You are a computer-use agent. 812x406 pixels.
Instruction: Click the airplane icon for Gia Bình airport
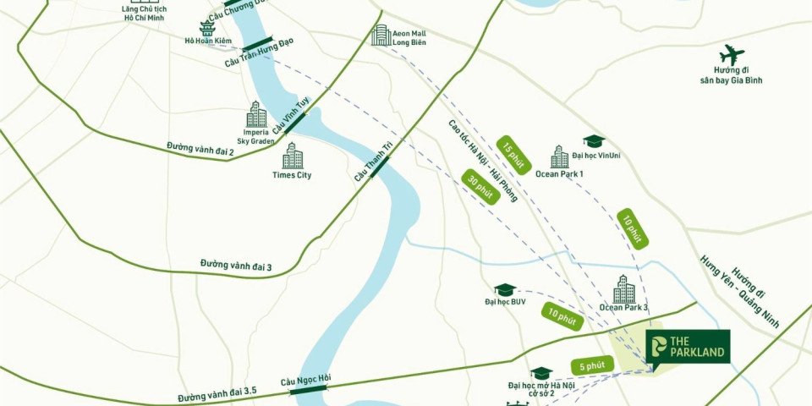coord(732,55)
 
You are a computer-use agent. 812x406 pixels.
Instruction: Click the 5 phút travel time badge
coord(591,366)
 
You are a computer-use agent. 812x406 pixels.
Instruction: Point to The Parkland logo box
coord(687,347)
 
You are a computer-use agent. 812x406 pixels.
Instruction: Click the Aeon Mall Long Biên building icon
coord(381,36)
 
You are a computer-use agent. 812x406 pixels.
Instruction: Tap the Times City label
coord(292,175)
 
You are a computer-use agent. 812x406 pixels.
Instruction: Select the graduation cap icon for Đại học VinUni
coord(594,141)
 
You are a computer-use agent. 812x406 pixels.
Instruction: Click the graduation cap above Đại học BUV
coord(505,290)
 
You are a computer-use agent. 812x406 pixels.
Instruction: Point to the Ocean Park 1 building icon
coord(559,156)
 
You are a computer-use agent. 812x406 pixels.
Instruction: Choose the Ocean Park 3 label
coord(623,307)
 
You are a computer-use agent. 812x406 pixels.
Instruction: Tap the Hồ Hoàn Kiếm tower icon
coord(207,29)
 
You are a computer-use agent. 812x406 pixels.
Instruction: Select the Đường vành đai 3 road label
coord(236,265)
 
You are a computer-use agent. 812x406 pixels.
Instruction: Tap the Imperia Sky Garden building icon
coord(256,114)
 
